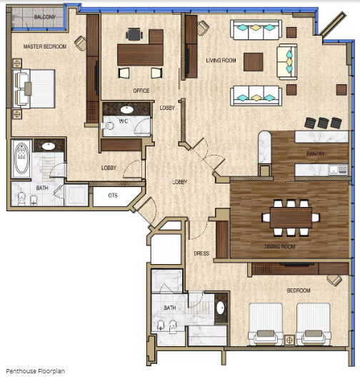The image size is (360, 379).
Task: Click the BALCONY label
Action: pyautogui.click(x=45, y=17)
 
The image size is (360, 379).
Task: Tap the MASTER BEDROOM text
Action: pyautogui.click(x=45, y=46)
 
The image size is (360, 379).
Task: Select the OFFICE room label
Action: pyautogui.click(x=141, y=91)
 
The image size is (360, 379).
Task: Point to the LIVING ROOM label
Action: pyautogui.click(x=221, y=61)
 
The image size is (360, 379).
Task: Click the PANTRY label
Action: pyautogui.click(x=316, y=153)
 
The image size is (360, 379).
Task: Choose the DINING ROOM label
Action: pyautogui.click(x=280, y=246)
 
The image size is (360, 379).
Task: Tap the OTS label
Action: pyautogui.click(x=113, y=196)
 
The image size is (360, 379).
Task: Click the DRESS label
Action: pyautogui.click(x=201, y=253)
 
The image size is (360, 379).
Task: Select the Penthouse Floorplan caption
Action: pyautogui.click(x=35, y=371)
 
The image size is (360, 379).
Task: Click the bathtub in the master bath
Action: pyautogui.click(x=21, y=158)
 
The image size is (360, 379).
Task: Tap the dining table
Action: pyautogui.click(x=291, y=217)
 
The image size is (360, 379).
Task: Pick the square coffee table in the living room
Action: pyautogui.click(x=254, y=62)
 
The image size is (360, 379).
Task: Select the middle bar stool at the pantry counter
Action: pyautogui.click(x=324, y=123)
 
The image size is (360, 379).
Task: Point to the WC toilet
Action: pyautogui.click(x=107, y=126)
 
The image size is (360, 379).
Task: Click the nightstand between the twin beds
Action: pyautogui.click(x=289, y=340)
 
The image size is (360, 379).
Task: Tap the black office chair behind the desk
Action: pyautogui.click(x=134, y=34)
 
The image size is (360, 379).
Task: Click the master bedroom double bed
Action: pyautogui.click(x=34, y=89)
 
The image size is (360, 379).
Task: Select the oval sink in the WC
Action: pyautogui.click(x=127, y=110)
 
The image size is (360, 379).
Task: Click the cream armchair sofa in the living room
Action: pyautogui.click(x=287, y=62)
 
